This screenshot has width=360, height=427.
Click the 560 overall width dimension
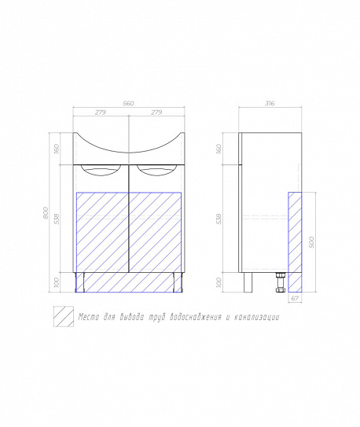128,104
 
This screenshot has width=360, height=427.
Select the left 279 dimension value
101,112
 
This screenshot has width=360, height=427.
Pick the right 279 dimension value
156,112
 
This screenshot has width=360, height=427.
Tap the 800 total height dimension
46,212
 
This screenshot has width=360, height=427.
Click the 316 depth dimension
270,104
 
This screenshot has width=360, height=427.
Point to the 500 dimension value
311,242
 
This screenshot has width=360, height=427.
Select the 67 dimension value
295,299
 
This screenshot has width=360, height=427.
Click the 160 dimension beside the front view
57,149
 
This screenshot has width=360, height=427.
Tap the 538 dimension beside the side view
219,219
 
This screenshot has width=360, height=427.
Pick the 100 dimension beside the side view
219,282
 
